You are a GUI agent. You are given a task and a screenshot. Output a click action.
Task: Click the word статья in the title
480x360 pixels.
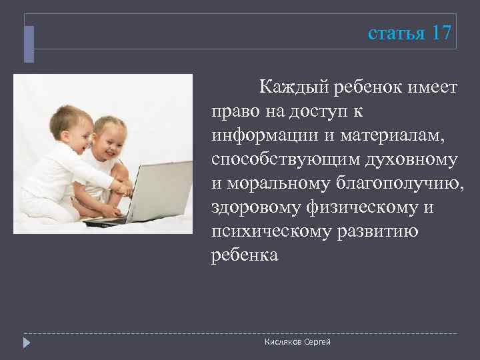[396, 33]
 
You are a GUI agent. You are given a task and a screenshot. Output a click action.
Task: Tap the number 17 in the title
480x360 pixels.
[441, 33]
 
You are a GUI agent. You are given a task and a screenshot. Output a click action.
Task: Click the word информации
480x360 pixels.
[261, 135]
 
